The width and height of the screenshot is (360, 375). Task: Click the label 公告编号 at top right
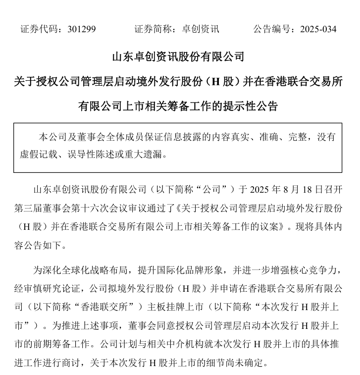pyautogui.click(x=271, y=29)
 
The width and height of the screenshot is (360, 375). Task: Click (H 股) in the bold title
pyautogui.click(x=226, y=81)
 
